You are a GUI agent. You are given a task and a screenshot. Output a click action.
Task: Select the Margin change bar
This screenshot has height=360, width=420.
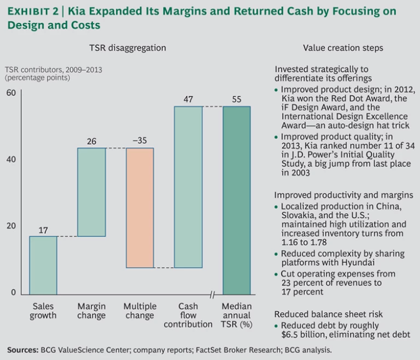[91, 192]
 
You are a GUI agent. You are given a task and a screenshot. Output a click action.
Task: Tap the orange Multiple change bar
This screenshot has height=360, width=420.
[140, 208]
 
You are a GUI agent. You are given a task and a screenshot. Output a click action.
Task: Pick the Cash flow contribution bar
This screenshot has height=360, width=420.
[188, 187]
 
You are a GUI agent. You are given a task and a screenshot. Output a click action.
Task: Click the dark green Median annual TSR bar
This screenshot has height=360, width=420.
[237, 200]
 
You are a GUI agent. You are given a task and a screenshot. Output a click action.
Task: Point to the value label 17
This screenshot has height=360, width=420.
[43, 229]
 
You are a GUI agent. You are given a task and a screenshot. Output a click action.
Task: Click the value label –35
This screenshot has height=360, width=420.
[140, 141]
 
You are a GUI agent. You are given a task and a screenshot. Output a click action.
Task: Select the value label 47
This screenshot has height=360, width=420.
[188, 99]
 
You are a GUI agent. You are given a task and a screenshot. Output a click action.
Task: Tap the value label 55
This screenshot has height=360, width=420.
[237, 99]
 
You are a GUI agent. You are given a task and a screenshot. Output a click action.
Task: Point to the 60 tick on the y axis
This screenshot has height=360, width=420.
[11, 93]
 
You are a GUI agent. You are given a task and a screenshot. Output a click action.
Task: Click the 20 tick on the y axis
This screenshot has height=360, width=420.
[11, 226]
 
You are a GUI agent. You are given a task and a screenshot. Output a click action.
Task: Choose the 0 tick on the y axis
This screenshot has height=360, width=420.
[14, 293]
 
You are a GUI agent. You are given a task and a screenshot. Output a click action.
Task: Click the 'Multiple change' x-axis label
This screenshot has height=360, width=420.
[140, 311]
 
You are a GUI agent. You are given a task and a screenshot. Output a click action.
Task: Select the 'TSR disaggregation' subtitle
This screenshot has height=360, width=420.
[127, 48]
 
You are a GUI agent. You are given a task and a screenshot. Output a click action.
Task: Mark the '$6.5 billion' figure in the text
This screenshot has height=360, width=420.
[304, 335]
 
